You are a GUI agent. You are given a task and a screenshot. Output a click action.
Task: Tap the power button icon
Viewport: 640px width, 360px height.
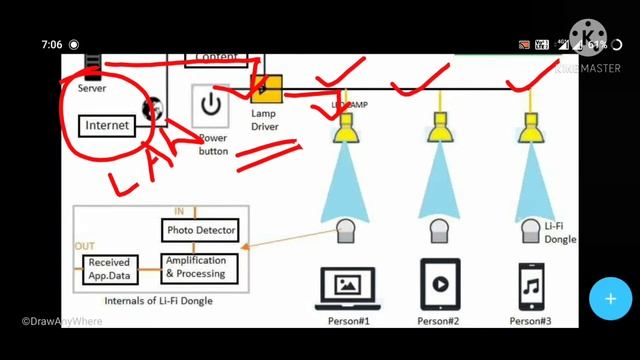tap(211, 105)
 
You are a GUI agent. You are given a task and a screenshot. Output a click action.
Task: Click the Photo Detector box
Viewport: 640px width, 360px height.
tap(201, 231)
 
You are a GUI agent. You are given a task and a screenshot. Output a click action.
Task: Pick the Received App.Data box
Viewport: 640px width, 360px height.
tap(110, 267)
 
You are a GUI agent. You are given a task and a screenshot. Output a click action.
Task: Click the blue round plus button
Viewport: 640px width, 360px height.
tap(608, 298)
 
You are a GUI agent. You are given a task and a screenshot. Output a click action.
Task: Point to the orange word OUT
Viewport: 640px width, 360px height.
tap(85, 246)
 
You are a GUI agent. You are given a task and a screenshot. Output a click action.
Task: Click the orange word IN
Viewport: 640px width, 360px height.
tap(179, 212)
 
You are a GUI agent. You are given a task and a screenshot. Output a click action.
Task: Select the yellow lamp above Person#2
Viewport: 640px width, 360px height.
tap(438, 127)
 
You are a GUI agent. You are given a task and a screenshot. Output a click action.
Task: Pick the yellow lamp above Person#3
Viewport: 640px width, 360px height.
tap(530, 127)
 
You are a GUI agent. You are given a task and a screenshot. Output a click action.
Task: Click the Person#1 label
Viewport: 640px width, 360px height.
tap(349, 321)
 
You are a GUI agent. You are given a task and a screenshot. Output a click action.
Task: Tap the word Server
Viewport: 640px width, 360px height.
tap(92, 88)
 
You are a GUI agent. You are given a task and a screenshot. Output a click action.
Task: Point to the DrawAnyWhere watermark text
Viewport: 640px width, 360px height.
tap(63, 321)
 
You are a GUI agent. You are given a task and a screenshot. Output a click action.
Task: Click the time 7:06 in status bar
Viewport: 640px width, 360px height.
tap(52, 45)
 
